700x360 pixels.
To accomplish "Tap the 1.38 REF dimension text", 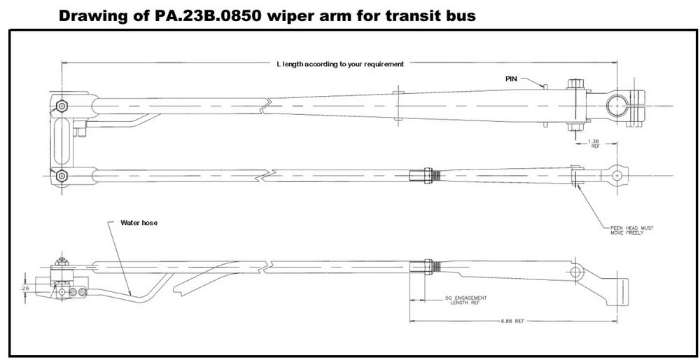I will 594,144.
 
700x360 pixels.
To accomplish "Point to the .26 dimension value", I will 25,287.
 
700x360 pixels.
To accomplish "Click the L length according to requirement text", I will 340,64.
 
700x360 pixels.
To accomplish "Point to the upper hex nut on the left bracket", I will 62,106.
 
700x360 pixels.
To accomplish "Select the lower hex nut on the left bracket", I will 62,174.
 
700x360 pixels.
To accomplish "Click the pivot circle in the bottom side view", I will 575,271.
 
